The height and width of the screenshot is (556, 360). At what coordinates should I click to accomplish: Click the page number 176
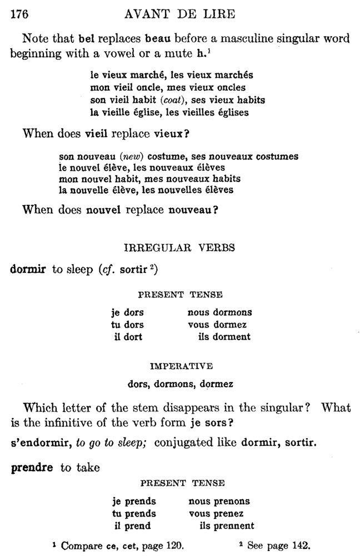pyautogui.click(x=19, y=15)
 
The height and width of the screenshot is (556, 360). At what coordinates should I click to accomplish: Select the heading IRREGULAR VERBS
pyautogui.click(x=179, y=248)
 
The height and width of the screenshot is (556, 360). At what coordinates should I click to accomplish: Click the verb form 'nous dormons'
pyautogui.click(x=219, y=312)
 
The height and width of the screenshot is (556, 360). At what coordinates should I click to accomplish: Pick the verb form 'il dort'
pyautogui.click(x=128, y=336)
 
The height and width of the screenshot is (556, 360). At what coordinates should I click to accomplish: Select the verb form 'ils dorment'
pyautogui.click(x=224, y=336)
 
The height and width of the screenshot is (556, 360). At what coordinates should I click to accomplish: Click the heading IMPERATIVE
pyautogui.click(x=181, y=366)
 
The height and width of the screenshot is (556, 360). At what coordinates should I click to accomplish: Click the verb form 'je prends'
pyautogui.click(x=134, y=502)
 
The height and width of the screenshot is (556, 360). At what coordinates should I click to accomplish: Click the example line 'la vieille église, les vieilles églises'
pyautogui.click(x=169, y=112)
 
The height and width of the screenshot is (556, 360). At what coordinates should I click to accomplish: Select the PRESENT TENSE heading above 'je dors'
pyautogui.click(x=180, y=295)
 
